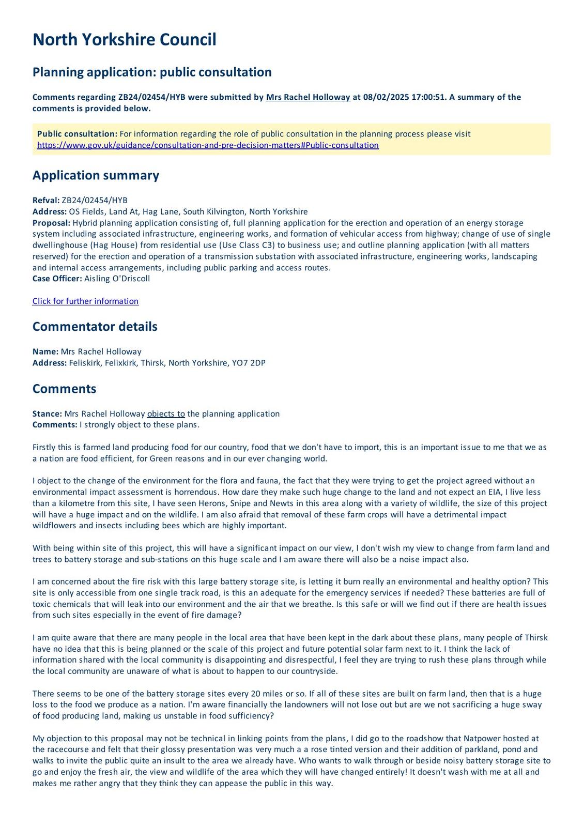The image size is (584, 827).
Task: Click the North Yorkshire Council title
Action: (x=124, y=40)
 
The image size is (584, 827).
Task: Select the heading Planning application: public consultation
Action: (x=152, y=72)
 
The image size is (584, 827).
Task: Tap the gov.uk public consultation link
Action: (x=208, y=145)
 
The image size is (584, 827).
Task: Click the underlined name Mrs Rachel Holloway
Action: (x=308, y=97)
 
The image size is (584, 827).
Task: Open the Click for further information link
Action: (x=85, y=301)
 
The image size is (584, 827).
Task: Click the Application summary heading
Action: (x=96, y=175)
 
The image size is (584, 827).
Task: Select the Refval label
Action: (x=45, y=201)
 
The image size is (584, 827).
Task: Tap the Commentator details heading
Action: (x=95, y=327)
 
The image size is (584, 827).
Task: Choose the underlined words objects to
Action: (x=166, y=414)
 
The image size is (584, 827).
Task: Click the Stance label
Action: (x=47, y=414)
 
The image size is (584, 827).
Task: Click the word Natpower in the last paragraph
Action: (x=483, y=739)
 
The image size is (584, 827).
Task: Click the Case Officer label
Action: (x=57, y=279)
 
